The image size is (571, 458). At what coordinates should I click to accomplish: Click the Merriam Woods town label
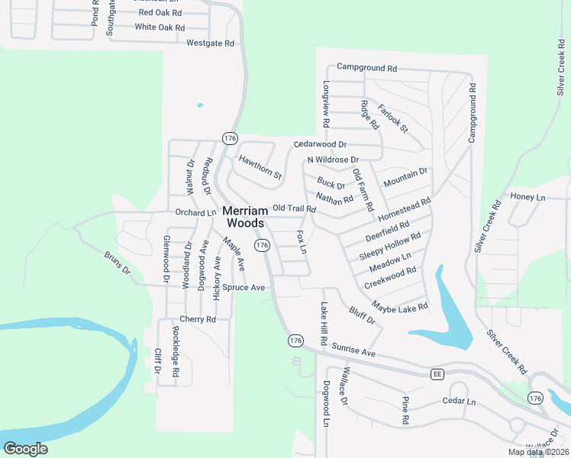(x=244, y=216)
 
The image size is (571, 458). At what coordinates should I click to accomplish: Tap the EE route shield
(x=437, y=374)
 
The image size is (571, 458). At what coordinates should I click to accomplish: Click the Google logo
(x=26, y=449)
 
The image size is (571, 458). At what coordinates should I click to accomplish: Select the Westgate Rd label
(x=210, y=44)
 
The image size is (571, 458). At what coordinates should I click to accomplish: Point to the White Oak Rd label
(x=160, y=27)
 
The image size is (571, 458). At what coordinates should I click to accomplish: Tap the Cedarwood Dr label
(x=321, y=144)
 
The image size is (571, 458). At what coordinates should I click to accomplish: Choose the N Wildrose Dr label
(x=332, y=160)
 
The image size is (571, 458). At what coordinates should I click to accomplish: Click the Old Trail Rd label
(x=294, y=208)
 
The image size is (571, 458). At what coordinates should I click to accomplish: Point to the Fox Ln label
(x=302, y=242)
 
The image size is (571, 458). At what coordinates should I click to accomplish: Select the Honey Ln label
(x=528, y=198)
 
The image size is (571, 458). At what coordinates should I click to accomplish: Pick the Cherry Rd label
(x=198, y=319)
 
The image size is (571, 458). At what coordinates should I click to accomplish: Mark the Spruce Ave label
(x=244, y=288)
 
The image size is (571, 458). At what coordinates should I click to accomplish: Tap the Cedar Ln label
(x=459, y=402)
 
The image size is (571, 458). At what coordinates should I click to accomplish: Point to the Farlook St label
(x=393, y=116)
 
